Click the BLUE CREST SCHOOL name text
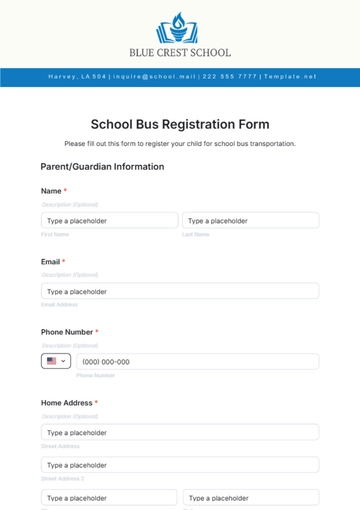180,52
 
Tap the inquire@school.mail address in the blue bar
154,76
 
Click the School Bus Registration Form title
180,124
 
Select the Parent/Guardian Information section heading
102,166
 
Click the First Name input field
109,220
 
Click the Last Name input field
250,220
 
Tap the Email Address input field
180,291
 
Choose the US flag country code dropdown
56,361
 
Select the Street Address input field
180,432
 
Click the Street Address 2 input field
180,465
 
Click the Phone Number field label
67,331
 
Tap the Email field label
51,261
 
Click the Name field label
51,190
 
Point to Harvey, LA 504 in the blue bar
77,76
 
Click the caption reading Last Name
196,234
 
